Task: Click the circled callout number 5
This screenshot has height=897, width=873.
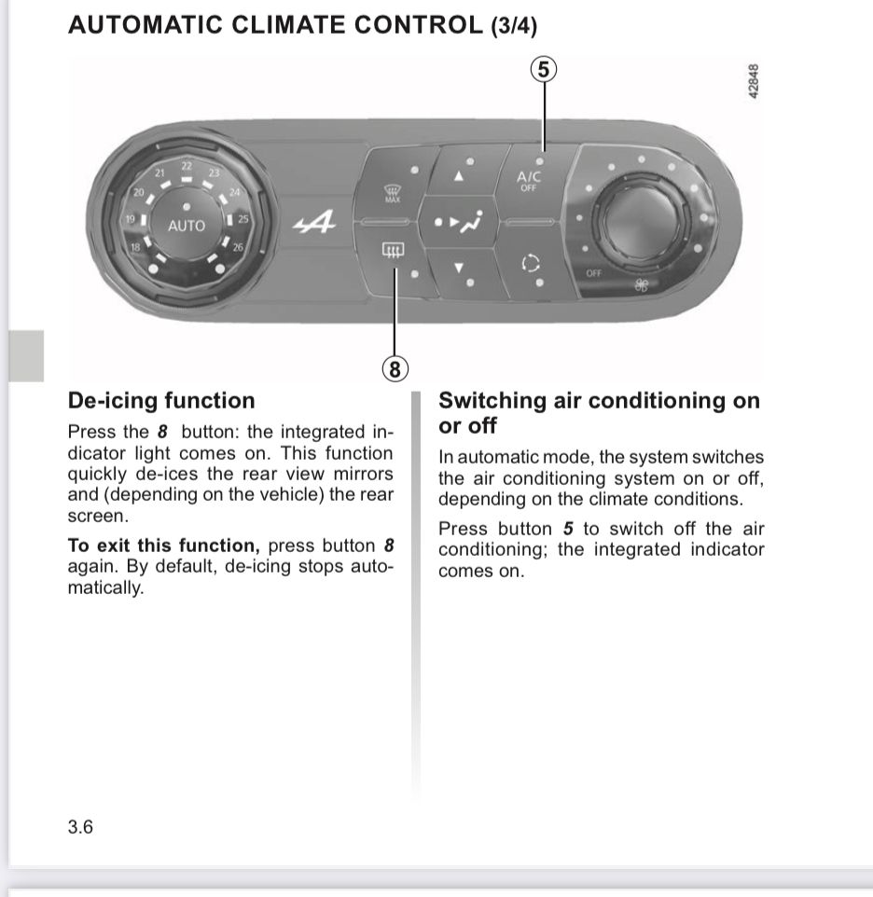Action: pyautogui.click(x=545, y=69)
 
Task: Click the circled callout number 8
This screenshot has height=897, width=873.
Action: pyautogui.click(x=395, y=369)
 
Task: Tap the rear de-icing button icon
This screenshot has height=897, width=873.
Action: pyautogui.click(x=393, y=250)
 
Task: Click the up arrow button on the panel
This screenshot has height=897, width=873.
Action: pyautogui.click(x=458, y=176)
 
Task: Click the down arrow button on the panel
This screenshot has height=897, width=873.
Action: pyautogui.click(x=458, y=268)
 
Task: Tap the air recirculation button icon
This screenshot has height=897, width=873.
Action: pyautogui.click(x=530, y=264)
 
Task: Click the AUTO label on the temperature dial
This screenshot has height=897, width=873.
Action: pyautogui.click(x=187, y=226)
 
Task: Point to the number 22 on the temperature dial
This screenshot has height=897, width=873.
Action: pyautogui.click(x=187, y=166)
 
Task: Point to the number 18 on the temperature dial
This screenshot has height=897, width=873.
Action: pyautogui.click(x=136, y=247)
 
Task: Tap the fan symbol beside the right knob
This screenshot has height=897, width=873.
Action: pyautogui.click(x=643, y=283)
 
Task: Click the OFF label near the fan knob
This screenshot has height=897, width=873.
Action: pyautogui.click(x=594, y=272)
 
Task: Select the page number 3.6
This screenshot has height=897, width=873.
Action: pyautogui.click(x=80, y=826)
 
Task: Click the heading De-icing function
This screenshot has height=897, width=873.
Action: pyautogui.click(x=161, y=401)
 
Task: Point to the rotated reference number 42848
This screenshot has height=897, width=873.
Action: pyautogui.click(x=754, y=83)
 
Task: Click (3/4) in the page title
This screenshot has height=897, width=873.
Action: pyautogui.click(x=513, y=26)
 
